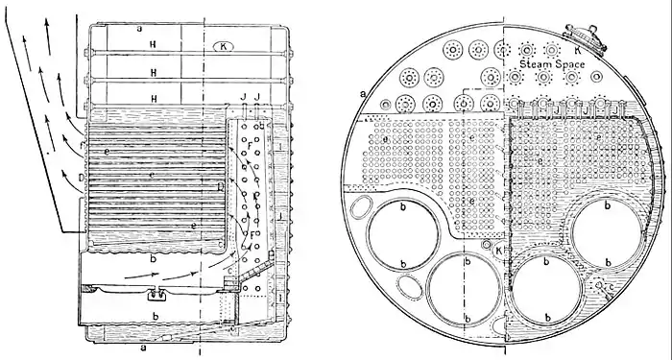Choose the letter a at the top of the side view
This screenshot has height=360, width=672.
click(x=140, y=30)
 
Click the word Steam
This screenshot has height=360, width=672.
click(x=534, y=63)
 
